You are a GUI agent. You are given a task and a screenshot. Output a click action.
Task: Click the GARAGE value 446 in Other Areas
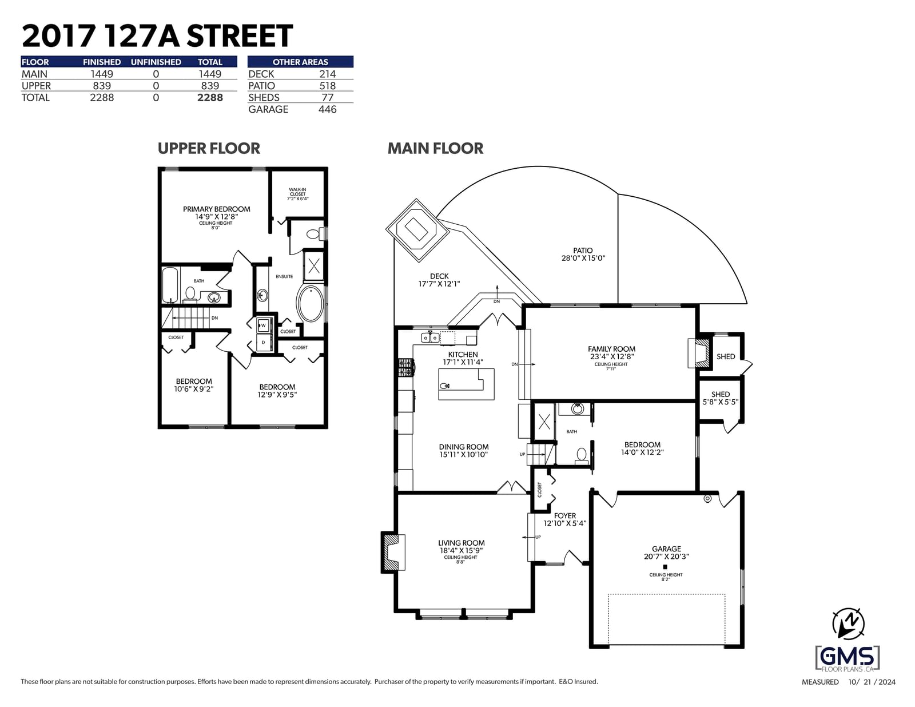pos(327,109)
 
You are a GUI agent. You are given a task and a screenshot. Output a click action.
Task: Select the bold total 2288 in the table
pos(210,98)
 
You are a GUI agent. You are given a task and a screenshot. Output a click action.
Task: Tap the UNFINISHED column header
pos(156,62)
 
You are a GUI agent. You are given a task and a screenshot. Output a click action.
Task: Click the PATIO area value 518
pos(327,86)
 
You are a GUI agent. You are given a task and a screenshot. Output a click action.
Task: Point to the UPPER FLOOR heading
pos(209,149)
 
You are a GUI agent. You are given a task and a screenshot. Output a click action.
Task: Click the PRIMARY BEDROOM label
pos(216,209)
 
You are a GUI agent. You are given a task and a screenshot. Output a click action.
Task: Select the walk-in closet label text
pos(298,194)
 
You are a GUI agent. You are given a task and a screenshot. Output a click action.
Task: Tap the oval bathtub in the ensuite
pos(311,303)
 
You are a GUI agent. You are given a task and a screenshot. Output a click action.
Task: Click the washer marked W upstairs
pos(263,325)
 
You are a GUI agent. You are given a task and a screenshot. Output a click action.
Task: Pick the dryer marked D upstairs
pos(263,342)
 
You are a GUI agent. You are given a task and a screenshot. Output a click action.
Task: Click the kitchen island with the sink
pos(466,384)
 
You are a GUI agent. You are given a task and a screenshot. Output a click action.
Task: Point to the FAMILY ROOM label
pos(611,349)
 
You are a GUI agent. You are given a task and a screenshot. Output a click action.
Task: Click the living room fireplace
pos(393,552)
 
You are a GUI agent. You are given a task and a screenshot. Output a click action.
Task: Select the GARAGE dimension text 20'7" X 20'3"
pos(666,556)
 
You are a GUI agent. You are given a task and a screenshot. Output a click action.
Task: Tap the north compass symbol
pos(848,624)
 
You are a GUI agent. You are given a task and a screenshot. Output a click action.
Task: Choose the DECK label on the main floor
pos(439,276)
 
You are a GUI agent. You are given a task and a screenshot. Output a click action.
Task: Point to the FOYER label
pos(564,516)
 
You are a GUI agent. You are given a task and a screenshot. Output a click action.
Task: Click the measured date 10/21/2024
pos(872,682)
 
